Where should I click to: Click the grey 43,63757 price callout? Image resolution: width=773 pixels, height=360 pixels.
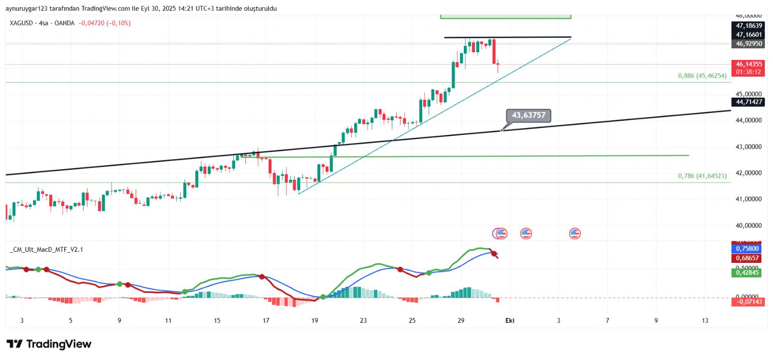tap(529, 115)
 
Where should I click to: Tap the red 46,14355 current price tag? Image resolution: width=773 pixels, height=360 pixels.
tap(748, 64)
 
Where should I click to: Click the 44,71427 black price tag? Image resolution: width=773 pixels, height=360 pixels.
tap(748, 102)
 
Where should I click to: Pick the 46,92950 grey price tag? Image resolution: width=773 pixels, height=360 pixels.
tap(748, 44)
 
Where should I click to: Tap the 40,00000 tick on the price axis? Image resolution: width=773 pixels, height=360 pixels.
tap(748, 225)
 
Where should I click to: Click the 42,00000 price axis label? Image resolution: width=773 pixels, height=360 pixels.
tap(748, 173)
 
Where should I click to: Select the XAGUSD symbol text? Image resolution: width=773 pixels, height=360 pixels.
tap(21, 23)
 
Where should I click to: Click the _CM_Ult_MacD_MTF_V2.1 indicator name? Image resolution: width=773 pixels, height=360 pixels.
tap(46, 249)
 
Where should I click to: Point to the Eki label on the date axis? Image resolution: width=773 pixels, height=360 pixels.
tap(510, 320)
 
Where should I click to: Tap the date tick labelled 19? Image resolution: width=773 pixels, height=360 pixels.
tap(315, 320)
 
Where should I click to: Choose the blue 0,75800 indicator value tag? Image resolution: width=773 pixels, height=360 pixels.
tap(747, 249)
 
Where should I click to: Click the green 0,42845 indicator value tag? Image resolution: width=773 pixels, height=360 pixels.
tap(747, 273)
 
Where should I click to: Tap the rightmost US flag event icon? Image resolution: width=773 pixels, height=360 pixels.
tap(574, 234)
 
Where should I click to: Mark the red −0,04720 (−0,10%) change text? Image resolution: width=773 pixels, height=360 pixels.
tap(104, 23)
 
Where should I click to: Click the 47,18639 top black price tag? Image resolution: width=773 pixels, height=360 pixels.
tap(748, 26)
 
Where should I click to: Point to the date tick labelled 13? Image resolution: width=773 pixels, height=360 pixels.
tap(705, 320)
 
